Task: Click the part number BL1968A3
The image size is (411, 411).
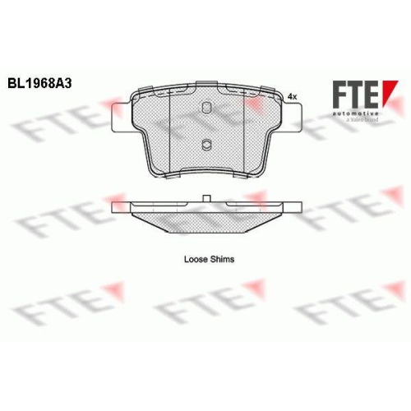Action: click(x=39, y=84)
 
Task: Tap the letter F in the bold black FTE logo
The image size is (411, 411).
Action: click(x=340, y=95)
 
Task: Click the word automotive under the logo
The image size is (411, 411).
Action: click(x=356, y=113)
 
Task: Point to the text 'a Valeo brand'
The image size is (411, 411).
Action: click(x=362, y=120)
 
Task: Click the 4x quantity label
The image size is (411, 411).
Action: click(x=292, y=96)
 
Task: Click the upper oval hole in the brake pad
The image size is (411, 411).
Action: click(x=206, y=108)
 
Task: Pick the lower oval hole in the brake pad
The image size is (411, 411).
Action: click(x=206, y=144)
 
